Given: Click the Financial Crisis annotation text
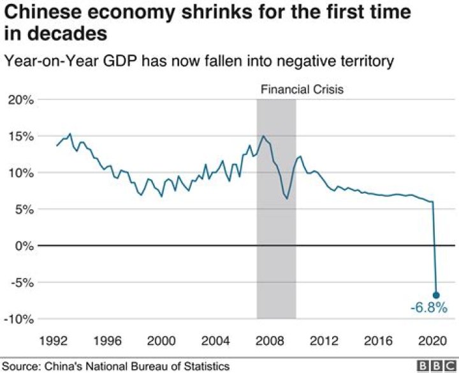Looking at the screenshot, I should tap(302, 89).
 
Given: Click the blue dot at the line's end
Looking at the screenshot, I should tap(437, 295).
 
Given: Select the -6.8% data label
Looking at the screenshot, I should tap(425, 309).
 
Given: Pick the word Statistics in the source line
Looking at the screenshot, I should tap(206, 366).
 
